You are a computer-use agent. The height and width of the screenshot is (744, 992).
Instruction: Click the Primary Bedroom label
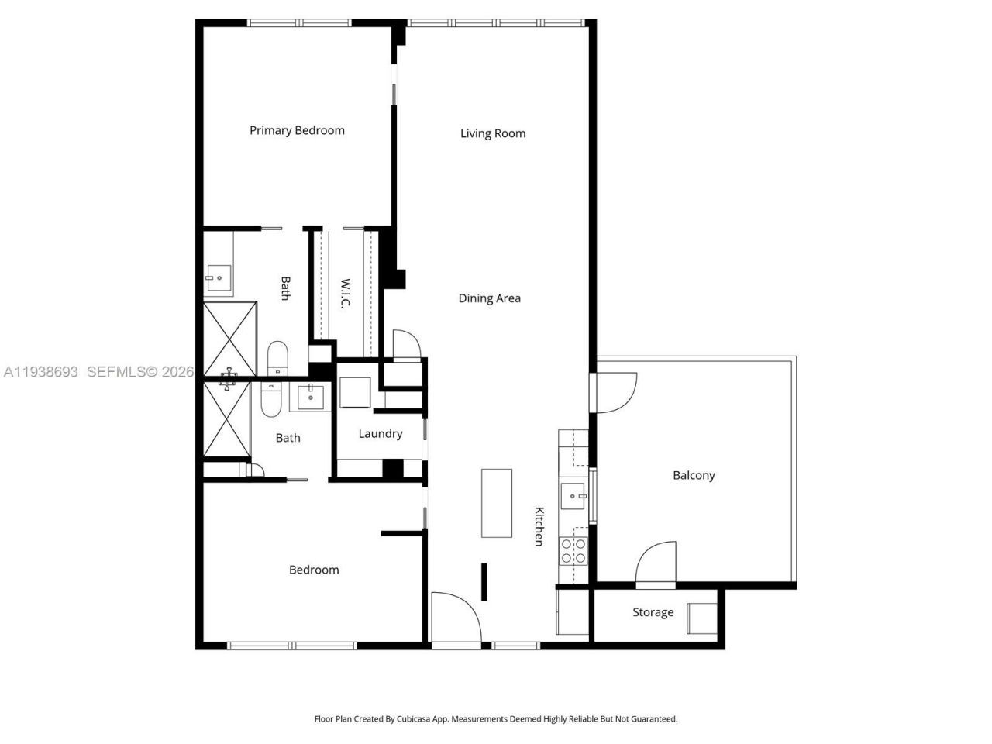(297, 130)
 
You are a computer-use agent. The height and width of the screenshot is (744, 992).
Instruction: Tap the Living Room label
(493, 133)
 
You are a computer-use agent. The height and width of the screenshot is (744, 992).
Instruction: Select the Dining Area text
(489, 298)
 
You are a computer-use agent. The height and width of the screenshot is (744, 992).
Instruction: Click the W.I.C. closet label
(346, 294)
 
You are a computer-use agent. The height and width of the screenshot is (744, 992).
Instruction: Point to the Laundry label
(380, 434)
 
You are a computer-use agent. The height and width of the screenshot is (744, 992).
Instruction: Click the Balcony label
(694, 476)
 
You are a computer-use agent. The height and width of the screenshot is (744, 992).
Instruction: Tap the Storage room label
(653, 612)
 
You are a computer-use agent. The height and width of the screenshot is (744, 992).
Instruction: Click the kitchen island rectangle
(497, 503)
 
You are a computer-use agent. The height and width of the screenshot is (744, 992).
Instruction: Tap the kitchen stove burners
(573, 550)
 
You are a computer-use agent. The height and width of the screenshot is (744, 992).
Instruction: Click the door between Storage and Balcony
(656, 564)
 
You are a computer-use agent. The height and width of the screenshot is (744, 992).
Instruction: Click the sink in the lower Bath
(312, 397)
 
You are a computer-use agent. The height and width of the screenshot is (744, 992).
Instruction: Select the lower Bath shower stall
(227, 418)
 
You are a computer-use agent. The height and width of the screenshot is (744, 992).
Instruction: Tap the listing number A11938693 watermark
(41, 372)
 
